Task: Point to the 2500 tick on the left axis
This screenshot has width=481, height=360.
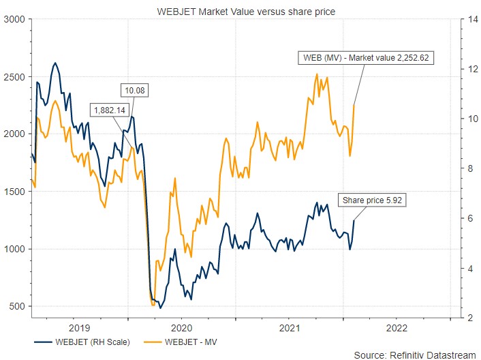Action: (x=14, y=77)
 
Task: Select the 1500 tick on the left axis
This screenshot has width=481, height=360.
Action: (x=14, y=192)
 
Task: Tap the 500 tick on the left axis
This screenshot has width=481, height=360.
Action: (x=17, y=306)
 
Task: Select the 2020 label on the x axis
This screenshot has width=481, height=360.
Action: (x=181, y=327)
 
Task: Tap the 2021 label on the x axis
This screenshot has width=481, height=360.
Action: (x=289, y=327)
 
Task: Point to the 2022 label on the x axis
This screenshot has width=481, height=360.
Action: (x=397, y=327)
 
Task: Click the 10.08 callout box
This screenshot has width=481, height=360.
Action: (x=134, y=90)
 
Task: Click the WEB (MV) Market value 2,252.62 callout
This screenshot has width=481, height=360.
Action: (x=364, y=57)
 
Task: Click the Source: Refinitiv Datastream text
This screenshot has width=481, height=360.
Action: (x=415, y=353)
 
